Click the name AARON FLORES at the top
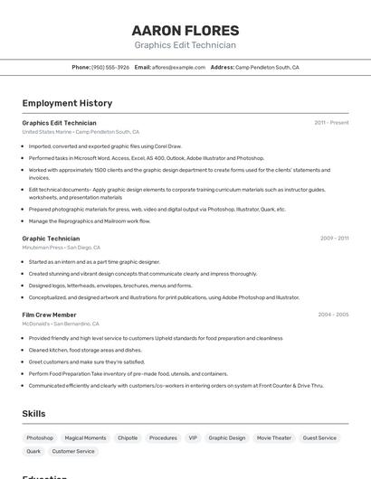tap(185, 30)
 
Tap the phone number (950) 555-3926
tap(110, 67)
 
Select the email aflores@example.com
tap(178, 67)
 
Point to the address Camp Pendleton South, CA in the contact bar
tap(267, 67)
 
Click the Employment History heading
tap(67, 103)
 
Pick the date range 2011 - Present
tap(331, 123)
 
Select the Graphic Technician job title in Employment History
tap(51, 239)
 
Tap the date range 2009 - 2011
tap(334, 239)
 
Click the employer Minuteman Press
tap(43, 248)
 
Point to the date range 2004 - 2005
tap(333, 315)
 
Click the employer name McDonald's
tap(36, 324)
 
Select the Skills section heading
tap(33, 413)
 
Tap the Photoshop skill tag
tap(40, 437)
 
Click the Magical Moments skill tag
tap(85, 437)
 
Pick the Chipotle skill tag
tap(128, 437)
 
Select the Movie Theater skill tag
tap(274, 437)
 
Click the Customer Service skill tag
tap(73, 451)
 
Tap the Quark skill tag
tap(33, 451)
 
